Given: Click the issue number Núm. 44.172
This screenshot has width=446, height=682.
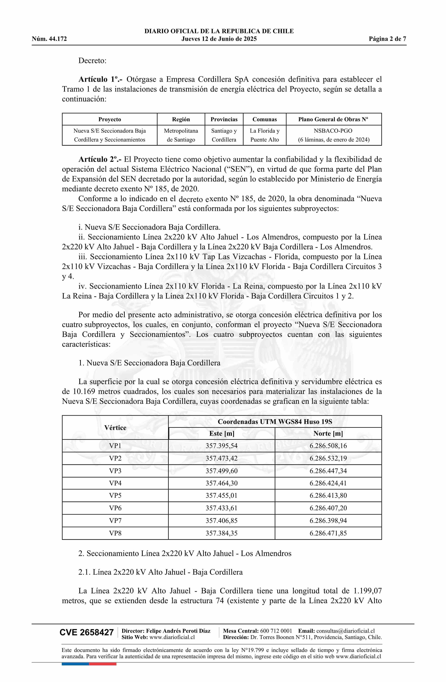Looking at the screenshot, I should [49, 39].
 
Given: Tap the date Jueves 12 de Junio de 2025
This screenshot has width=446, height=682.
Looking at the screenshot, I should [219, 39].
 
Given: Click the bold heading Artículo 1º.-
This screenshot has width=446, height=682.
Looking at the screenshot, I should [100, 79].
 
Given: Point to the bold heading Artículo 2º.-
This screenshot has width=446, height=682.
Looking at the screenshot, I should [100, 159].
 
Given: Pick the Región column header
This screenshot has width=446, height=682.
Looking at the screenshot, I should [181, 119].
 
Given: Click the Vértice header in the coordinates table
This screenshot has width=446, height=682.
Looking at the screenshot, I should [115, 428].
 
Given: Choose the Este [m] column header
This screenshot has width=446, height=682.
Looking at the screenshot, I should [222, 434].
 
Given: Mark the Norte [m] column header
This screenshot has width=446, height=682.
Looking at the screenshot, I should [328, 434].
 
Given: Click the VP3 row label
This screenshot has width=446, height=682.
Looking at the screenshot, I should [115, 471].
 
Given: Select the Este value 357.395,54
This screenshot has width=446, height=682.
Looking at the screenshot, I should [222, 446].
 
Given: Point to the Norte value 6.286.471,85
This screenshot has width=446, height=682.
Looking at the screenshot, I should [328, 533].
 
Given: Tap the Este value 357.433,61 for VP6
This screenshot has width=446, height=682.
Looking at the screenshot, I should [222, 508].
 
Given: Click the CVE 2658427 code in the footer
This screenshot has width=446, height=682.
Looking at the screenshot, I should [87, 633].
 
